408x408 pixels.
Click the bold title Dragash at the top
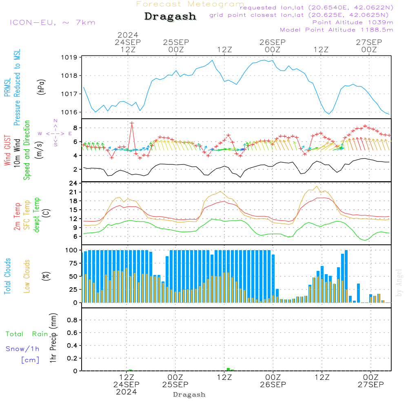click(170, 16)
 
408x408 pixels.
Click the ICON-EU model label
click(52, 22)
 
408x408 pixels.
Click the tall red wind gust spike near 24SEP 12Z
click(132, 123)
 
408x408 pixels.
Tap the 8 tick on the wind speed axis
click(75, 128)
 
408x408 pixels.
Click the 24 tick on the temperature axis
click(73, 183)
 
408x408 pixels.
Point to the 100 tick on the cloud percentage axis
click(71, 250)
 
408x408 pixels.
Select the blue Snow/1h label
click(22, 349)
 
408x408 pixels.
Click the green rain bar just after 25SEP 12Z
click(228, 369)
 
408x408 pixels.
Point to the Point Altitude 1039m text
click(353, 22)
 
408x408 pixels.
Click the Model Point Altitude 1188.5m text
click(336, 30)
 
